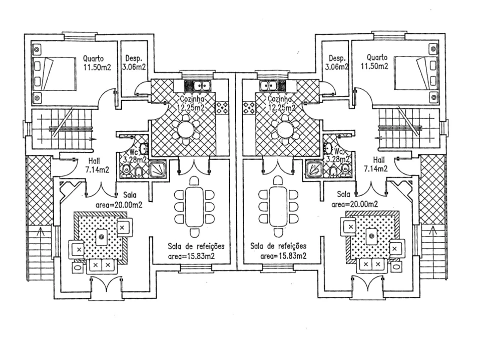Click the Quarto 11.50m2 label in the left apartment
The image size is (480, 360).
[x=94, y=62]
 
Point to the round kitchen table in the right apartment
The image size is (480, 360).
[x=285, y=129]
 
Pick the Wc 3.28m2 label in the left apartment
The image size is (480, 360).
[x=135, y=155]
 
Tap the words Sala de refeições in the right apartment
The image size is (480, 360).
[x=278, y=246]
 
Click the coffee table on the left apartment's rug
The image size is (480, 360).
[x=102, y=237]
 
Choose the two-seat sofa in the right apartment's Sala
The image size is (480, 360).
[x=371, y=264]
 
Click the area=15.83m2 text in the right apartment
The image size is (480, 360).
[x=283, y=256]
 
